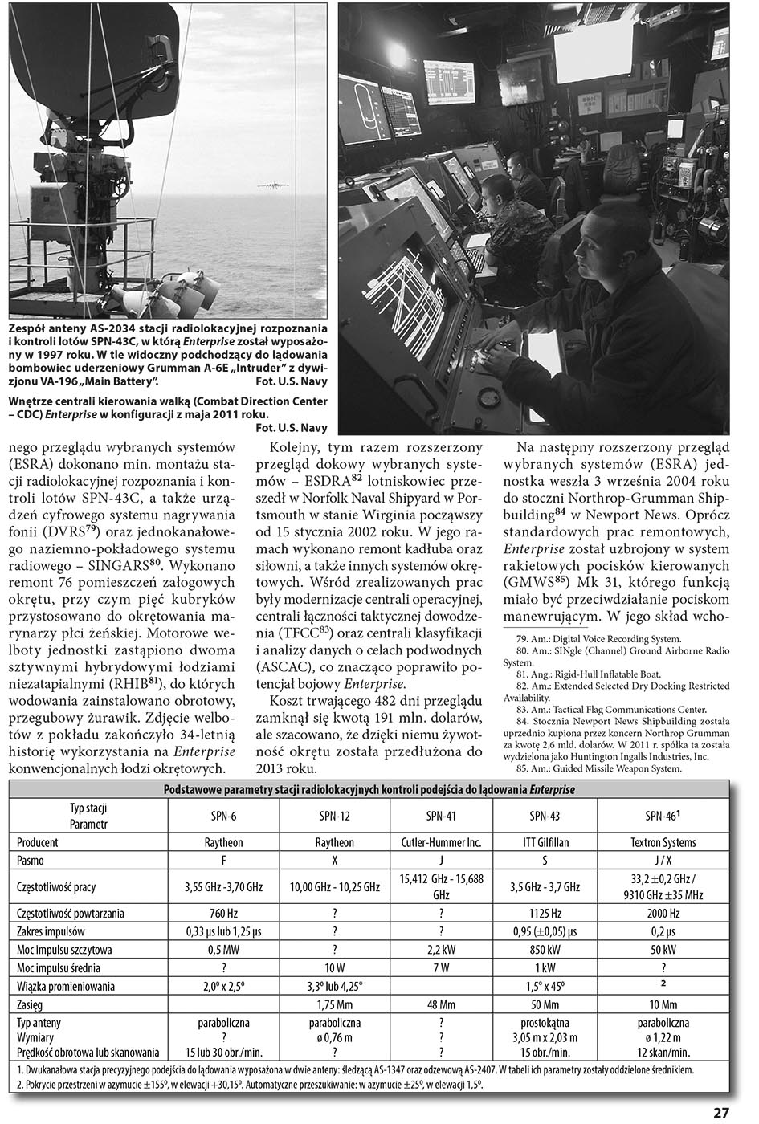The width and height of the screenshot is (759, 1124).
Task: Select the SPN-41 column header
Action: (x=441, y=816)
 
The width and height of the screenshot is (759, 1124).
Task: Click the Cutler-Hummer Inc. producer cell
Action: (x=441, y=842)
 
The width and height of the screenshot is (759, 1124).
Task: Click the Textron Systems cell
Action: (x=663, y=842)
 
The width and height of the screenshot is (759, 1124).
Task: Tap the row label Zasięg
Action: (x=30, y=1004)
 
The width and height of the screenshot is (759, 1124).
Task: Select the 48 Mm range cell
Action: (x=441, y=1004)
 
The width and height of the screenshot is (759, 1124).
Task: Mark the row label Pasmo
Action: (x=31, y=861)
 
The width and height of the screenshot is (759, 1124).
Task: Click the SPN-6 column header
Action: (x=222, y=816)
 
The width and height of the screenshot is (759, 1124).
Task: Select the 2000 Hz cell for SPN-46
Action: (x=663, y=913)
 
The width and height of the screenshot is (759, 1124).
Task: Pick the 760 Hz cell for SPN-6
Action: (x=222, y=913)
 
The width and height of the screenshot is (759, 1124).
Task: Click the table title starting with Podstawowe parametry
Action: (x=369, y=790)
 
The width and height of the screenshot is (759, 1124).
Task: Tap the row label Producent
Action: (x=38, y=842)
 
